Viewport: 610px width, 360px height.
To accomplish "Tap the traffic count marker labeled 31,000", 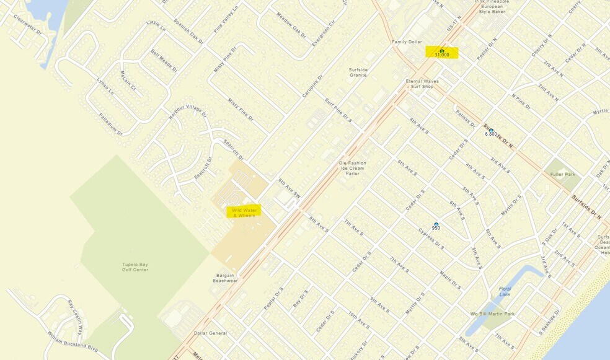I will [x=441, y=51].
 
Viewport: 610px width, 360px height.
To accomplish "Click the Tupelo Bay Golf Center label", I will [x=135, y=267].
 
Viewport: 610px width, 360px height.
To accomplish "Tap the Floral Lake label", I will [x=505, y=292].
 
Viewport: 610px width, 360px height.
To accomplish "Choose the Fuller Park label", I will [x=562, y=175].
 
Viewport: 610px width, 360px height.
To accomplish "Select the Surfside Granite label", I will [x=358, y=72].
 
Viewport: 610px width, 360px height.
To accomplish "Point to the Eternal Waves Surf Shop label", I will [x=422, y=84].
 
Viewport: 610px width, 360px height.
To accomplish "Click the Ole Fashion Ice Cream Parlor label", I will [x=353, y=169].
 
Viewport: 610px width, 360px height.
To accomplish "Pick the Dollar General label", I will [x=210, y=333].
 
